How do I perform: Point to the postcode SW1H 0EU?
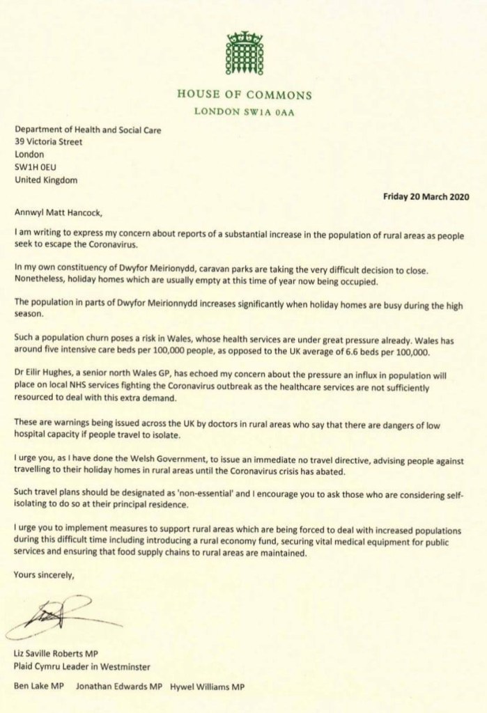[36, 167]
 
